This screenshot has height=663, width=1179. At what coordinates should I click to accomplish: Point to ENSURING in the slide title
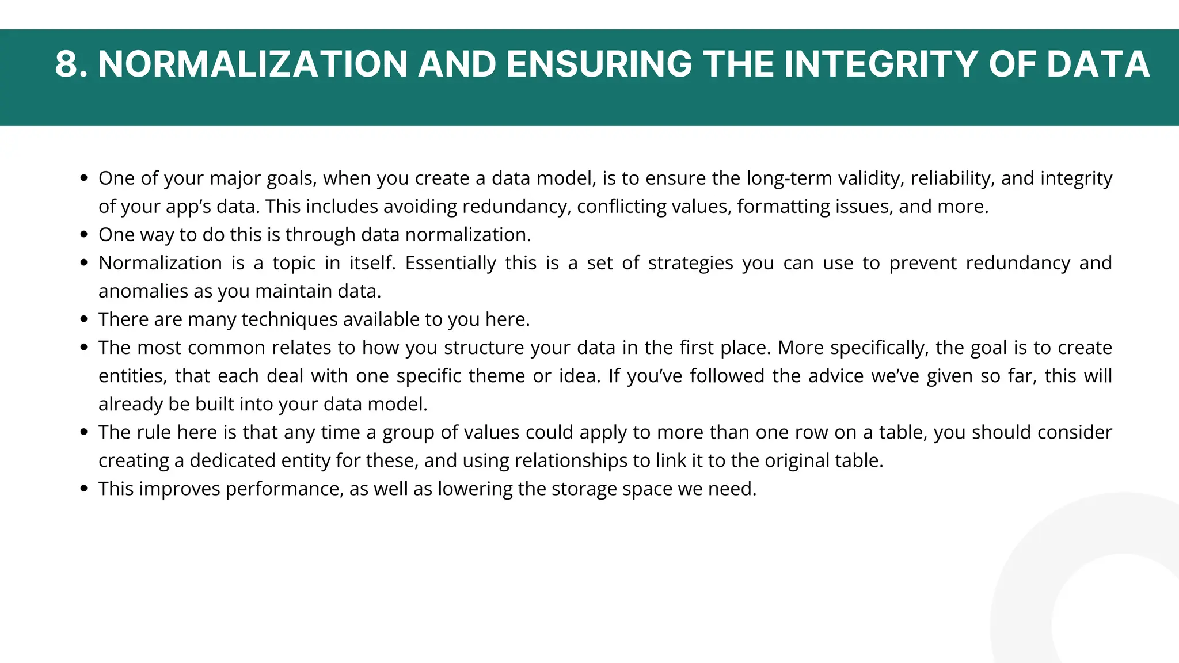click(599, 64)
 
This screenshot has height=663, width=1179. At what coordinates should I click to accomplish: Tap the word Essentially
click(450, 263)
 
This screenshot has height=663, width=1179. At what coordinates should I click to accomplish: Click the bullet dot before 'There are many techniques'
click(84, 319)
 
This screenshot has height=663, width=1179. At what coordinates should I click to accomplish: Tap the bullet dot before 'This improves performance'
click(84, 489)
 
